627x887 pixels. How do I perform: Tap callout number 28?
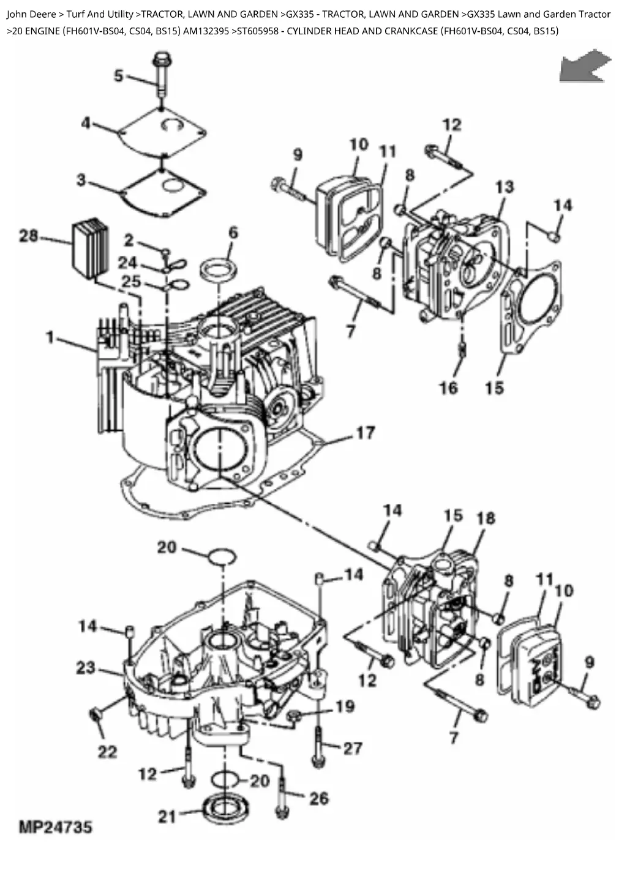tap(29, 236)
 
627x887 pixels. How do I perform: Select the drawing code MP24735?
tap(56, 828)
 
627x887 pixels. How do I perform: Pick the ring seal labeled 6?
tap(219, 268)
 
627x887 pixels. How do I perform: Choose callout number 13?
tap(505, 187)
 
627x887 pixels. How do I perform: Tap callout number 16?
tap(448, 388)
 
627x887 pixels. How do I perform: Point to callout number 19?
tap(345, 706)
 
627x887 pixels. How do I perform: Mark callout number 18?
tap(486, 518)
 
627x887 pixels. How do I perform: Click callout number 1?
tap(50, 338)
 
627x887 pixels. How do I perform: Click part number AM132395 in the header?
tap(206, 31)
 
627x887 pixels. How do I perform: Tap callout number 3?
tap(81, 180)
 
